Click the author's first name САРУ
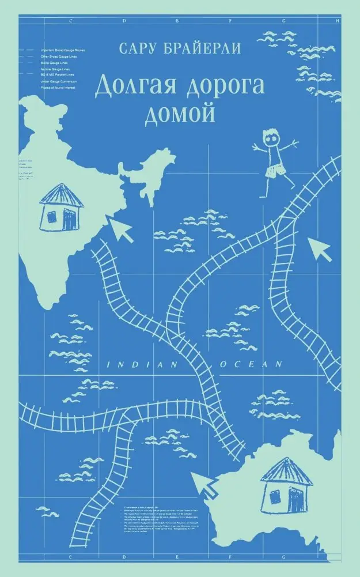click(x=137, y=48)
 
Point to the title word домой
click(x=180, y=112)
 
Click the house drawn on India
click(x=60, y=207)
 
